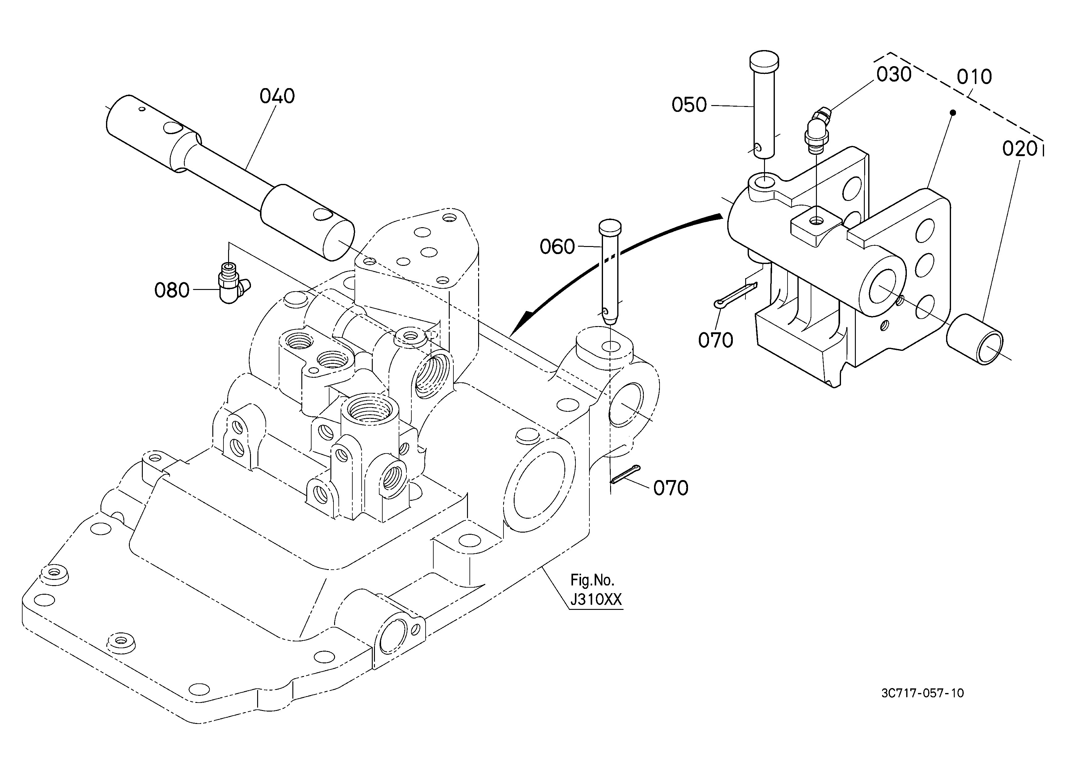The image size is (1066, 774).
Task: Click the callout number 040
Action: coord(277,96)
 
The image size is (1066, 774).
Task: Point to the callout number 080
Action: coord(172,291)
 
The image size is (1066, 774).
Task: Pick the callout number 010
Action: coord(974,77)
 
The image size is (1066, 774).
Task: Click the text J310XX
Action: coord(596,600)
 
